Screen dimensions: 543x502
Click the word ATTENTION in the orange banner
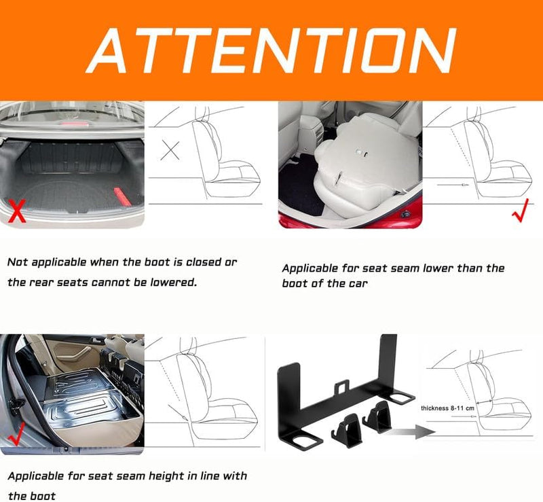271,50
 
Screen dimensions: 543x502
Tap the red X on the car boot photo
16,211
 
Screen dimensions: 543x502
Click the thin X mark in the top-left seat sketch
170,150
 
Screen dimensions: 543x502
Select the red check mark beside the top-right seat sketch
520,210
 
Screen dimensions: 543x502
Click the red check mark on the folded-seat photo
16,433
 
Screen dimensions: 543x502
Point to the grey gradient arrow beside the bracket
413,432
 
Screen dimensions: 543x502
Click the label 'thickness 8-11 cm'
447,408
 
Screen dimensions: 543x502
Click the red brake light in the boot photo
73,124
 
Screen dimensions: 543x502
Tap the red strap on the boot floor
122,196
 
